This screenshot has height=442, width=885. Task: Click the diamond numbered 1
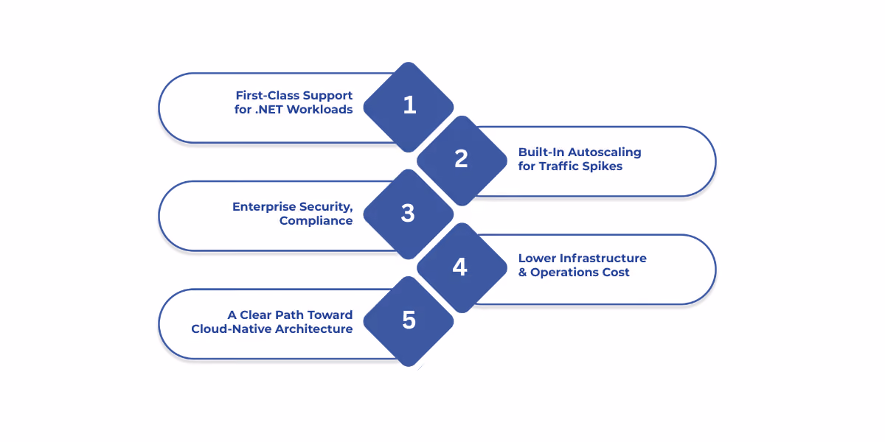point(409,107)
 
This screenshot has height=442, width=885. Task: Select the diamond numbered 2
point(462,161)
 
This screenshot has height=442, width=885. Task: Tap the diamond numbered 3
point(409,214)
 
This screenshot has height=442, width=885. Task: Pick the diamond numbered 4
point(462,268)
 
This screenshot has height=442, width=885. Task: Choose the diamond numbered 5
point(409,322)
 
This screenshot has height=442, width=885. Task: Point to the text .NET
point(268,109)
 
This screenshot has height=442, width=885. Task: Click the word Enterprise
point(264,207)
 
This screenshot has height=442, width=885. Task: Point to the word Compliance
point(316,220)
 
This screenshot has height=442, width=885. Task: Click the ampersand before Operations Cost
point(522,273)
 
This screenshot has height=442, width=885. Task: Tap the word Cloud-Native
point(231,329)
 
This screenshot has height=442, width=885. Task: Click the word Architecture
point(314,329)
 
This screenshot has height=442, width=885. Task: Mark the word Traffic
point(559,166)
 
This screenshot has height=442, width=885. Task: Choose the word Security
point(326,207)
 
